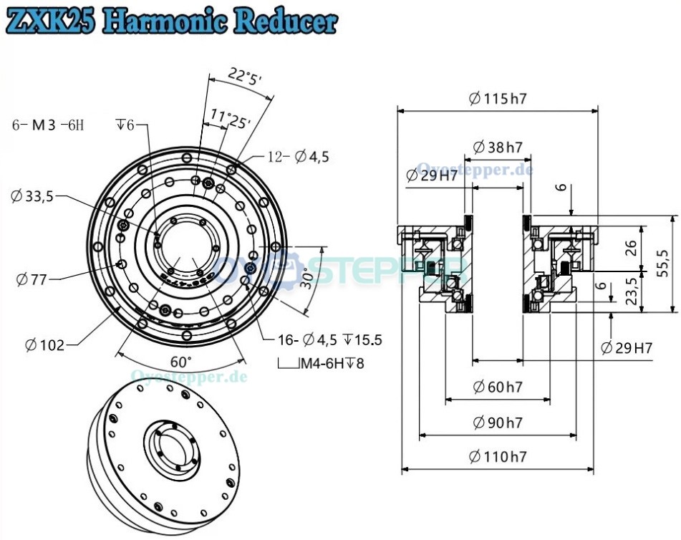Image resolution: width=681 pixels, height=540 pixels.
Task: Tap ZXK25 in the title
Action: [49, 21]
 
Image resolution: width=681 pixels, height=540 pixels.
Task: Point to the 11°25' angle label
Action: [230, 117]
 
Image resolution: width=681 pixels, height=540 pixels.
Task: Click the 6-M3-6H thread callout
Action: [48, 125]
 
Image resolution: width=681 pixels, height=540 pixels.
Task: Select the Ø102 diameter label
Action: [44, 345]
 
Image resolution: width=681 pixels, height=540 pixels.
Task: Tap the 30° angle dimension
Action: [308, 279]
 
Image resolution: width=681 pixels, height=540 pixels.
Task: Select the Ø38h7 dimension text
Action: [498, 148]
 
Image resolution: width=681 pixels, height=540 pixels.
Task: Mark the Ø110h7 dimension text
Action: [498, 455]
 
